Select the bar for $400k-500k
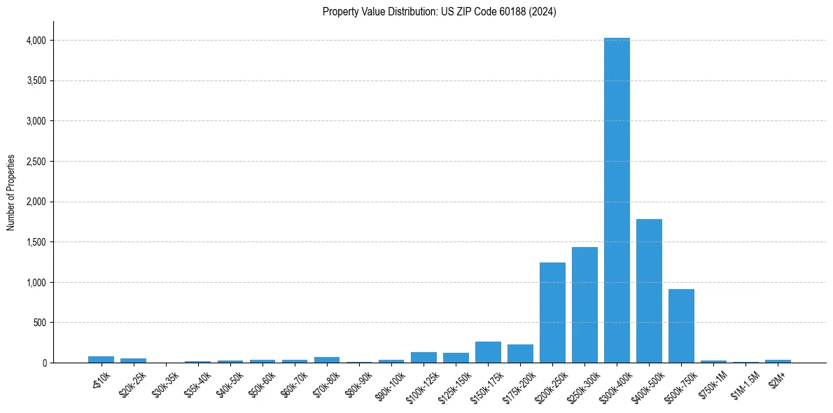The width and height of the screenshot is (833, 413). tap(649, 291)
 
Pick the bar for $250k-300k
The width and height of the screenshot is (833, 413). tap(584, 305)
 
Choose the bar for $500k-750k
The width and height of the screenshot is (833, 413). tap(681, 326)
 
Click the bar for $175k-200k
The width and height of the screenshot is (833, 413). tap(520, 354)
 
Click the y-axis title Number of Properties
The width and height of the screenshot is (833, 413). tap(11, 192)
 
